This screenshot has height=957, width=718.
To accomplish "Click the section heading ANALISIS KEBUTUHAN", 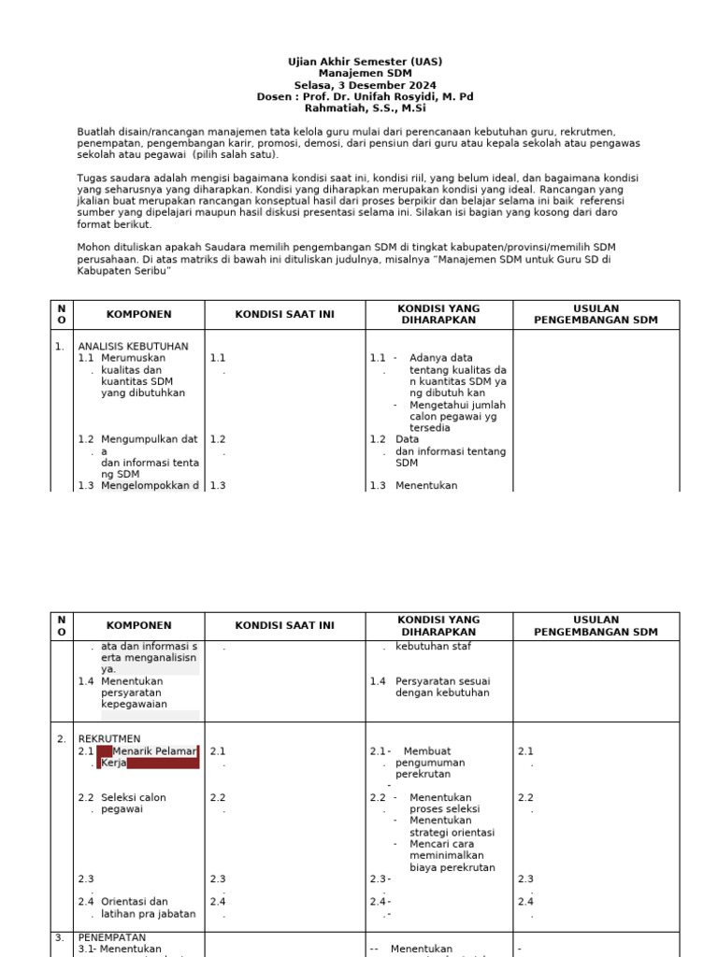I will click(x=133, y=346).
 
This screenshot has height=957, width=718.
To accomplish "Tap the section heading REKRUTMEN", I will click(x=108, y=739).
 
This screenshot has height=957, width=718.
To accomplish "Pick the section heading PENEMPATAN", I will click(x=111, y=937).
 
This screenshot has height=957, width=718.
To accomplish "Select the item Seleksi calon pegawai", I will click(x=134, y=803).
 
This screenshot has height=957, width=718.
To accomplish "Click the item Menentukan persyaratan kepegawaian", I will click(x=134, y=693).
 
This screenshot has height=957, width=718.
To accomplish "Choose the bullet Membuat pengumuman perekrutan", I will click(x=429, y=763).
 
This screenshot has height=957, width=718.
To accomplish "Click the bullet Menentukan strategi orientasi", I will click(x=452, y=826).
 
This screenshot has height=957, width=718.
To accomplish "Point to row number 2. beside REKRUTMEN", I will click(x=60, y=739).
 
